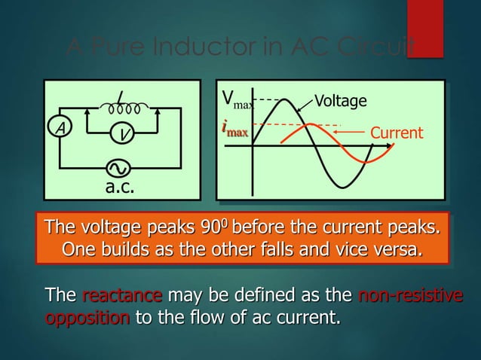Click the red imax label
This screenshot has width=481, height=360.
[234, 129]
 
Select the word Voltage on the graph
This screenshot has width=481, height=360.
[340, 101]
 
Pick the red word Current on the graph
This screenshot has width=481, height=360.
[397, 133]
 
